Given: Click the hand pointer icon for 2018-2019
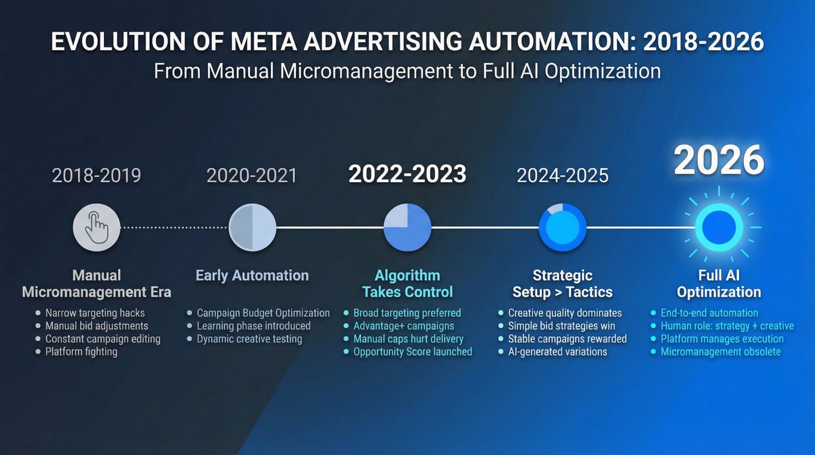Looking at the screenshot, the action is (97, 227).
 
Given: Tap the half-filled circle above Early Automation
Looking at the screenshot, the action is (252, 227).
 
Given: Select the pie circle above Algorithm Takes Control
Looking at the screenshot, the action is (407, 227).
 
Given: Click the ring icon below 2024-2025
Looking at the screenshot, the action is (563, 227).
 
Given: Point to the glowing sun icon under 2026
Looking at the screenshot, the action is (719, 227).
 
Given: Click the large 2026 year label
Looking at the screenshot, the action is (719, 161).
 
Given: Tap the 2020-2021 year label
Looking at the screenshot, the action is (252, 176).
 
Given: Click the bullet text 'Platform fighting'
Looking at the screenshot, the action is (82, 352).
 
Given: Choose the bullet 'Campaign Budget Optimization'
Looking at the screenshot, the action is (263, 313).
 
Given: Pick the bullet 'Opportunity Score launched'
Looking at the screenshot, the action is (413, 352).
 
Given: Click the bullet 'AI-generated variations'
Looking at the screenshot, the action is (557, 352).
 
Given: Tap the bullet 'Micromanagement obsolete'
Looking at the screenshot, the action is (721, 352).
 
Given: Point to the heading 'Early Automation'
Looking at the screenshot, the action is (252, 275).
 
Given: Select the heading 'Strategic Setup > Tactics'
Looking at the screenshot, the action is (563, 284).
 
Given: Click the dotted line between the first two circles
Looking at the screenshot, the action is (174, 227).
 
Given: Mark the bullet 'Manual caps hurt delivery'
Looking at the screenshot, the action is (408, 339).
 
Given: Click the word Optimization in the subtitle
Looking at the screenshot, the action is (603, 71).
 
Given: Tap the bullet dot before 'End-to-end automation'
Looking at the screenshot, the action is (653, 313).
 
